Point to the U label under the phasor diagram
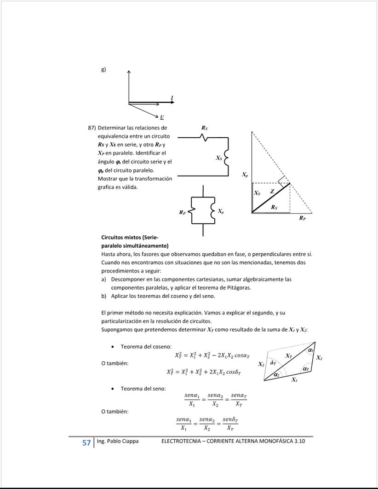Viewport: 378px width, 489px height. (x=162, y=117)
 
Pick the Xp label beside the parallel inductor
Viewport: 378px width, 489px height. (x=221, y=211)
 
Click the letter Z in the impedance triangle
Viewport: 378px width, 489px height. (x=272, y=191)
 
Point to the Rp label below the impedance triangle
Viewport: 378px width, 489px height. (x=302, y=218)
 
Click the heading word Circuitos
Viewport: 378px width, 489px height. (x=114, y=238)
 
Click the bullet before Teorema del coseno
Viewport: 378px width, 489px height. (x=113, y=346)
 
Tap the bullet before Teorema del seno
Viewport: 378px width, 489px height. (x=113, y=389)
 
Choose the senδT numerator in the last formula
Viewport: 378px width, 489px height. (x=230, y=420)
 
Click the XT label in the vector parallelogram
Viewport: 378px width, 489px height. (x=288, y=356)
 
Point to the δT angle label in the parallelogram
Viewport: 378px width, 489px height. (x=273, y=363)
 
